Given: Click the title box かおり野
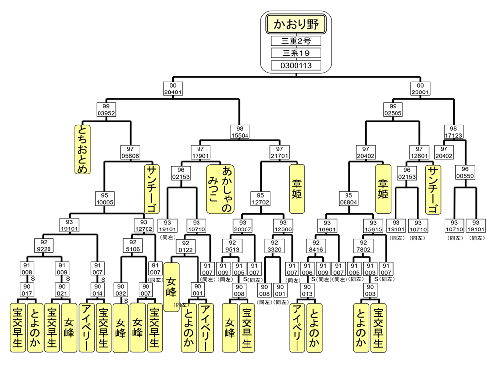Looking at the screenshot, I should (296, 24).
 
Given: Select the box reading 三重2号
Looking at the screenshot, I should (296, 41).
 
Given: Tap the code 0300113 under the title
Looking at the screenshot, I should (296, 65).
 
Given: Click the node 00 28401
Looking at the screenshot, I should (173, 88).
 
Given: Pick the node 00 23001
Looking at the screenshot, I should (420, 88).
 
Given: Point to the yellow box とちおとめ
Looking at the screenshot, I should (82, 149).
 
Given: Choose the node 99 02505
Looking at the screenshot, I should (393, 109).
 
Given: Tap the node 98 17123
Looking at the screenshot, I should (453, 131).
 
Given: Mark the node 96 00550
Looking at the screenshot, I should (465, 172).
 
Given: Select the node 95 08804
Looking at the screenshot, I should (348, 199).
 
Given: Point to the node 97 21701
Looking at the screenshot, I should (279, 152).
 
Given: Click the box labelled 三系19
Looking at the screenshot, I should (296, 53).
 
